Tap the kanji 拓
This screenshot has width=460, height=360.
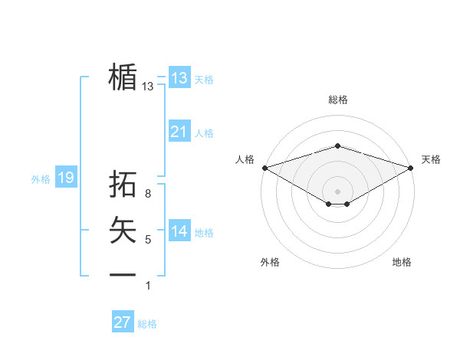pos(123,185)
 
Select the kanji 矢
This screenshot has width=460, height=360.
pos(123,230)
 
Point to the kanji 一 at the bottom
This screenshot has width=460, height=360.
pos(123,274)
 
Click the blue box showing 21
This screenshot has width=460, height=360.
pos(179,132)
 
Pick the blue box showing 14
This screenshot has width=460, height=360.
pos(179,231)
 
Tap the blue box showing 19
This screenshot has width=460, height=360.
pos(65,178)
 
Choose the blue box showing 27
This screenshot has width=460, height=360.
pos(122,322)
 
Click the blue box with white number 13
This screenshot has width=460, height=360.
pos(179,77)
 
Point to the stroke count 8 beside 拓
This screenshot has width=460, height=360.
pos(148,195)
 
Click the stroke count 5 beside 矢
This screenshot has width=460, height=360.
pos(148,241)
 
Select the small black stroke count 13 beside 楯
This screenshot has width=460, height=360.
pos(148,87)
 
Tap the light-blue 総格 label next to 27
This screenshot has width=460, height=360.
pos(147,324)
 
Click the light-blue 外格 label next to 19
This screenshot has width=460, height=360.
pos(41,179)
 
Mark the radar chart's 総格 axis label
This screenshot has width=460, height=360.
pos(337,100)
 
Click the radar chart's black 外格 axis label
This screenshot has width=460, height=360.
pos(270,262)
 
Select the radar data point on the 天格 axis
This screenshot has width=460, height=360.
pos(412,168)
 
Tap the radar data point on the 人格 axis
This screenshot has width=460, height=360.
pos(264,168)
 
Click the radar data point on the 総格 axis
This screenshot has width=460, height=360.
pos(337,146)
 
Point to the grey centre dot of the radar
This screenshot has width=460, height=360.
pos(337,190)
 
